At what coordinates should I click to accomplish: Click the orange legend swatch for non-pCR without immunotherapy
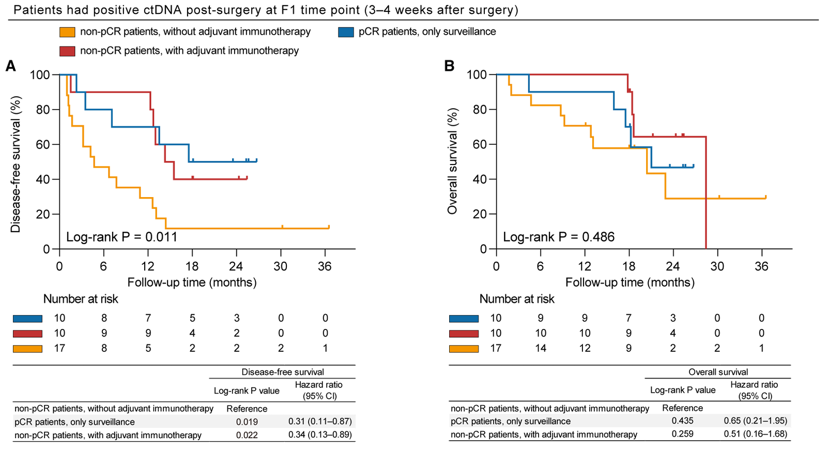tap(68, 32)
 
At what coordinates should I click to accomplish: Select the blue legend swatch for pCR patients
tap(346, 32)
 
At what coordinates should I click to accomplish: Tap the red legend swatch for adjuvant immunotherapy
tap(68, 51)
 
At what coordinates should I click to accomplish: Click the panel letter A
tap(10, 66)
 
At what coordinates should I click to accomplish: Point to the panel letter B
tap(449, 66)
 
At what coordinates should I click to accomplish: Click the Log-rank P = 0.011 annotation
tap(121, 237)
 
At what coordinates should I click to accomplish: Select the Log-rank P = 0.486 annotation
tap(559, 237)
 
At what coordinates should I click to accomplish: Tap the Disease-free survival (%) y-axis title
tap(16, 164)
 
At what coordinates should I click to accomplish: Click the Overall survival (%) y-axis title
tap(453, 161)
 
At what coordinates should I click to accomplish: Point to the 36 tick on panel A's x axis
tap(325, 267)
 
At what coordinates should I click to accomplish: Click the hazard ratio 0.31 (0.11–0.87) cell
tap(320, 422)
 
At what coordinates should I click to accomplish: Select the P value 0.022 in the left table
tap(247, 436)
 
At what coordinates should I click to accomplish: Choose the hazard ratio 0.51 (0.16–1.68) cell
tap(756, 434)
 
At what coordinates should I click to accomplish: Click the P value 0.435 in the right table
tap(682, 421)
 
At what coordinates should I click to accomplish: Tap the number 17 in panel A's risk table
tap(59, 348)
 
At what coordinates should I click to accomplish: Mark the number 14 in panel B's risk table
tap(540, 348)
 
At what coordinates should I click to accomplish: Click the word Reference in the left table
tap(247, 409)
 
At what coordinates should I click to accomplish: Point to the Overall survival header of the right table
tap(718, 372)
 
